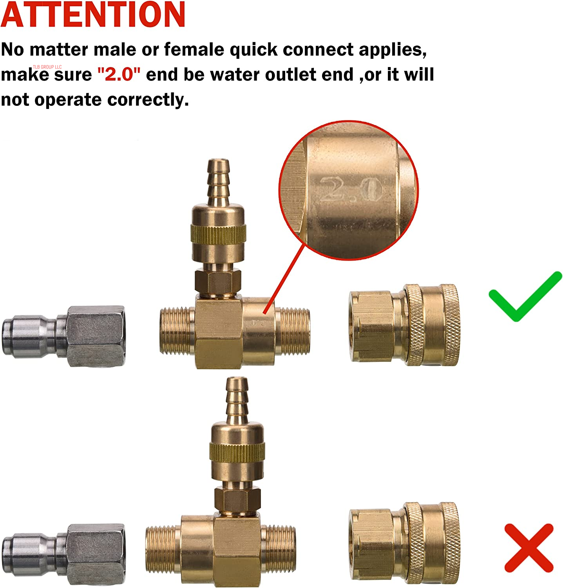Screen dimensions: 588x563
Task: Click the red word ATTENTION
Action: coord(93,15)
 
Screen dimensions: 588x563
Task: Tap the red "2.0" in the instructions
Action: coord(119,74)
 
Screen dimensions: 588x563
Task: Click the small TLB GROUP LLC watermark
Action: coord(47,67)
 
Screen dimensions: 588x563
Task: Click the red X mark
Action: coord(529,548)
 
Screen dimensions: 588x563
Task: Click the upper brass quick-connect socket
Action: coord(404,325)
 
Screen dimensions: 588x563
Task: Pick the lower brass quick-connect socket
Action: coord(404,543)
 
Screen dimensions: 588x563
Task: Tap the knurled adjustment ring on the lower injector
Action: coord(237,452)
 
